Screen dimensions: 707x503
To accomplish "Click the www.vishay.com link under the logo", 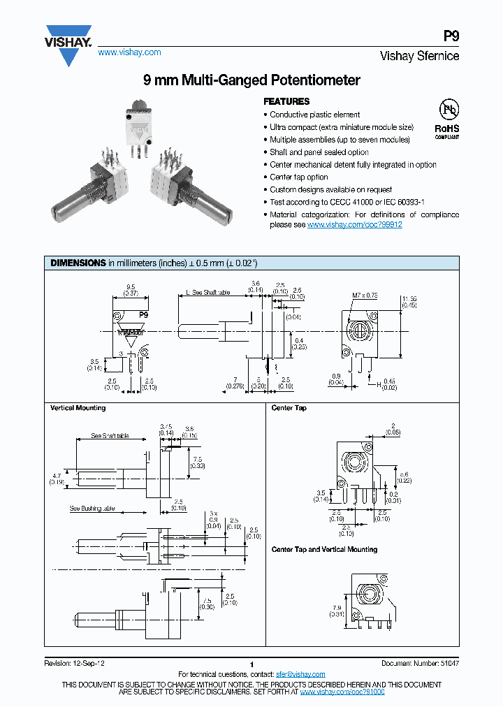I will pos(129,52).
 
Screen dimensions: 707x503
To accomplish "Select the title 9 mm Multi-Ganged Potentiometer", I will pos(251,80).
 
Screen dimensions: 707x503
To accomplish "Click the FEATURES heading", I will pos(286,101).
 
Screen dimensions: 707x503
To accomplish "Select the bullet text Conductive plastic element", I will pos(314,115).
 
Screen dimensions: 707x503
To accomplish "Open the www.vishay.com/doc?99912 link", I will pos(354,225).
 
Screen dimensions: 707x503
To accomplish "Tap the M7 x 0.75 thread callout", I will pos(365,296).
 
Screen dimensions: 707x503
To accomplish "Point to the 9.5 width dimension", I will pos(131,286).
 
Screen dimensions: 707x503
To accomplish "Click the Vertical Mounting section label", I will pos(78,408).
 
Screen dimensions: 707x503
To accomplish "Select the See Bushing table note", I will pos(92,509).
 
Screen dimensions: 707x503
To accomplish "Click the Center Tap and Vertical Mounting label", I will pos(324,550).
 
